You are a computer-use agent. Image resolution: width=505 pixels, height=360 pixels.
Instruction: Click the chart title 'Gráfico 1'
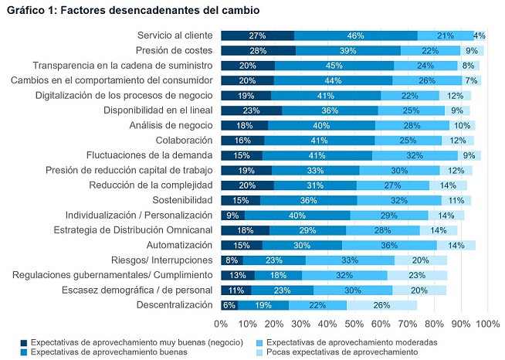132,11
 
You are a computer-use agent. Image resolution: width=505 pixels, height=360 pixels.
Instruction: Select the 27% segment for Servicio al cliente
257,36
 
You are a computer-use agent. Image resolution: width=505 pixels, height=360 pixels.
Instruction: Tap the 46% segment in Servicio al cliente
355,36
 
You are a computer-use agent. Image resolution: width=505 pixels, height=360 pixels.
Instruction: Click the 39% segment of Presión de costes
347,50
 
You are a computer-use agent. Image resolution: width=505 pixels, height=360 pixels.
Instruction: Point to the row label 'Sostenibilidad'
177,199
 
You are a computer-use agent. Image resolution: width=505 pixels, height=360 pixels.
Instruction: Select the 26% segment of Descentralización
381,304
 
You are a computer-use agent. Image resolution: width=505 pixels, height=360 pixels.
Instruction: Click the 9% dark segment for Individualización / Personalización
232,215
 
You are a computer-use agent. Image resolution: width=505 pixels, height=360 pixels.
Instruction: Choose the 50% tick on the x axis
354,323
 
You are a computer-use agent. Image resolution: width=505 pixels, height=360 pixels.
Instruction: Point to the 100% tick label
488,323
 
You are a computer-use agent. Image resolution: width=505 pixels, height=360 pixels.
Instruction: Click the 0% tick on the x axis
221,323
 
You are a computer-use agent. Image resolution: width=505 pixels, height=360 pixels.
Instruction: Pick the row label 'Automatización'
175,245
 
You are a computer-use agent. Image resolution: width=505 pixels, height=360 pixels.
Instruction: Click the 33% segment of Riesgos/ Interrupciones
351,260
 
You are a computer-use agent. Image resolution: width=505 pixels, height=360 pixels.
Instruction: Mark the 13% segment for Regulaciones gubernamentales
238,274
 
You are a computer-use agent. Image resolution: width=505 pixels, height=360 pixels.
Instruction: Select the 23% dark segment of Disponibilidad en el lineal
251,110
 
